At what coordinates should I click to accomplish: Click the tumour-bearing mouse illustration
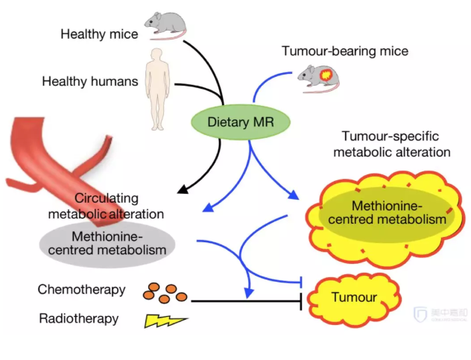point(317,75)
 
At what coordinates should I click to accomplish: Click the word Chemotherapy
point(81,289)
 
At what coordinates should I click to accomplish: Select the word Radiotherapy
point(78,319)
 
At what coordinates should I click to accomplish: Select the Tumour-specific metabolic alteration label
point(396,145)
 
